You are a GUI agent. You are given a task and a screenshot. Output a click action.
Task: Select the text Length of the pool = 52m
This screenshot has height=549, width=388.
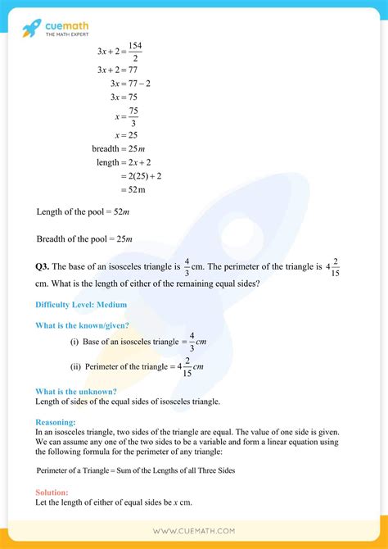pyautogui.click(x=84, y=211)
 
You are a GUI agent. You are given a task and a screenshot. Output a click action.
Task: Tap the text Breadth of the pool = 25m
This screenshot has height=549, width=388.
pyautogui.click(x=84, y=239)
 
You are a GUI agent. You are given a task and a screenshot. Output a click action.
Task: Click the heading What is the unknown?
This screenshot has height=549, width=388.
pyautogui.click(x=76, y=392)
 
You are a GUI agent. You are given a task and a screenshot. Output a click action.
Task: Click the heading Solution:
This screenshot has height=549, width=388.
pyautogui.click(x=52, y=492)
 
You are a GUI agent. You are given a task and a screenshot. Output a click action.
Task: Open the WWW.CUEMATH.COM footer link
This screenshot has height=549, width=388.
pyautogui.click(x=194, y=532)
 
